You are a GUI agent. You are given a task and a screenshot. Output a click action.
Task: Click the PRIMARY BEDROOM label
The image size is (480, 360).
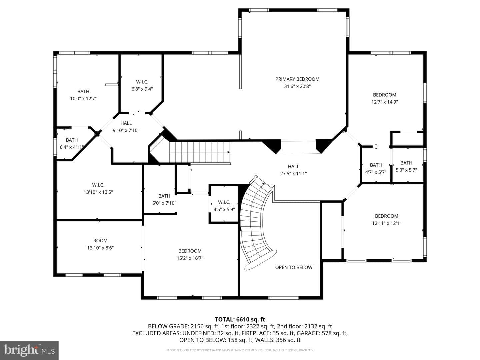click(297, 79)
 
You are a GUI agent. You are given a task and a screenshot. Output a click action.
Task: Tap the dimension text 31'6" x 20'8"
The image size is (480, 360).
click(297, 86)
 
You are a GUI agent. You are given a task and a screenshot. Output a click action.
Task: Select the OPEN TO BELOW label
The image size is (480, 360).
click(294, 267)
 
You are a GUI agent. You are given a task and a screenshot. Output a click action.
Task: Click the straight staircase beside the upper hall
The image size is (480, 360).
click(200, 152)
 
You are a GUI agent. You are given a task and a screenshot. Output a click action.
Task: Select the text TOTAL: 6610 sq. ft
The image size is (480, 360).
click(240, 320)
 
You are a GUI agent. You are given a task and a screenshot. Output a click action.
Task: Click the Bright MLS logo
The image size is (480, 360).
click(29, 350)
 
